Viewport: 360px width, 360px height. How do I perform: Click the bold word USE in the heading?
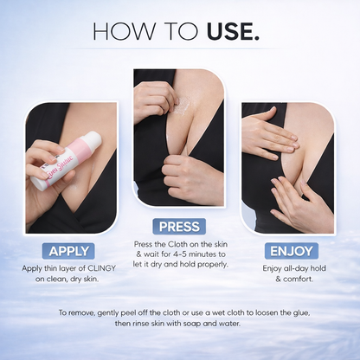pos(229,33)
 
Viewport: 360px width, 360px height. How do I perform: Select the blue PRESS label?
pos(179,227)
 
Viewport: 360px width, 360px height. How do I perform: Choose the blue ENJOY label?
pos(292,251)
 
